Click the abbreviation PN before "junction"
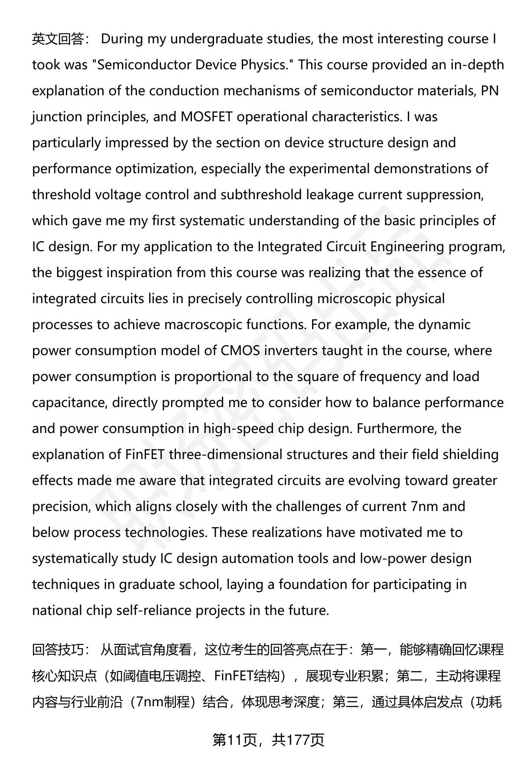coord(490,91)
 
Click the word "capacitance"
coord(69,403)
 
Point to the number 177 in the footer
coord(296,740)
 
